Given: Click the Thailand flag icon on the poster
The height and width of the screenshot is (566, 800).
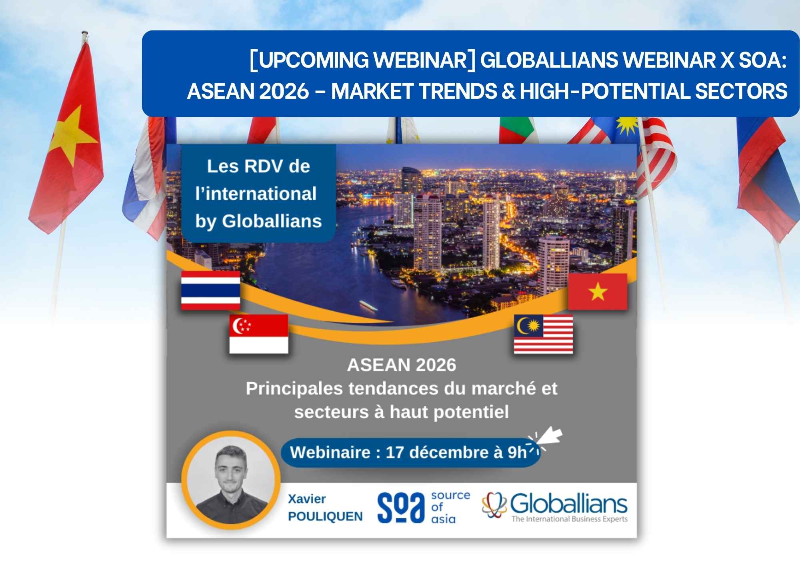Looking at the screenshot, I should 210,290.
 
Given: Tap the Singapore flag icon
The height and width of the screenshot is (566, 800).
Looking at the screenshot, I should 258,333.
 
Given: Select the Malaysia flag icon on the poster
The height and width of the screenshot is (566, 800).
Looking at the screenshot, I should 543,334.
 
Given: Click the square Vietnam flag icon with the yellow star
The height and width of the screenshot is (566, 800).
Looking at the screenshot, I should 598,291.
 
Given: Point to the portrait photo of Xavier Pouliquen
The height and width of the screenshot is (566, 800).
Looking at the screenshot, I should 231,480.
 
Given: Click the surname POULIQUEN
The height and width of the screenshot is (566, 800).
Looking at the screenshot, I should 325,516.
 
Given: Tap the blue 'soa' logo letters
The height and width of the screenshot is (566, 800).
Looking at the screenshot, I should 401,507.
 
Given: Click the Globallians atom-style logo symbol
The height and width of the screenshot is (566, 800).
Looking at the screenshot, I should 494,505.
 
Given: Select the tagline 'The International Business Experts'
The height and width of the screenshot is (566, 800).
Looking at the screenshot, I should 570,519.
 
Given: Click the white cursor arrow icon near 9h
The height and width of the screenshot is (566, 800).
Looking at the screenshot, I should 550,436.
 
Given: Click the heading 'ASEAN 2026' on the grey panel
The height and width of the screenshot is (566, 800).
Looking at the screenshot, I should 402,365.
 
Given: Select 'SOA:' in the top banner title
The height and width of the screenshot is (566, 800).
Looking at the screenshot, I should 762,60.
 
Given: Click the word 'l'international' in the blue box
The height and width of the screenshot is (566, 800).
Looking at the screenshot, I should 256,194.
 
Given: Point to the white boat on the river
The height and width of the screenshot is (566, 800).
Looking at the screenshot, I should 368,306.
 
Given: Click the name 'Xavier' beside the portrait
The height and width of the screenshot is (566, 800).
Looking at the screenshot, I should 307,499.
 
